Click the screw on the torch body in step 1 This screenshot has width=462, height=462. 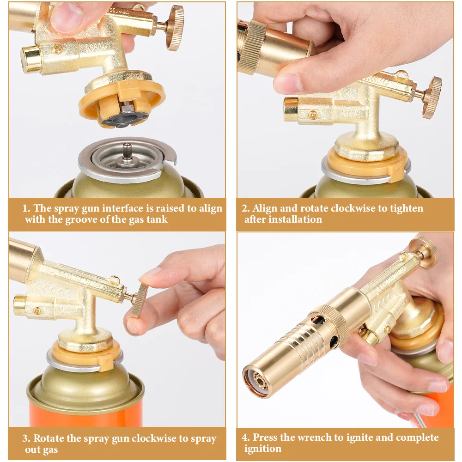click(x=58, y=49)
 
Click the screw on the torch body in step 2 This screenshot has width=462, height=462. click(x=313, y=115)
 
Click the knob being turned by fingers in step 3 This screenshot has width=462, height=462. click(x=139, y=301)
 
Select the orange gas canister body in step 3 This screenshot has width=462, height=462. click(x=85, y=413)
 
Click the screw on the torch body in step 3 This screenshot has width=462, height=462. click(x=37, y=310)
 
